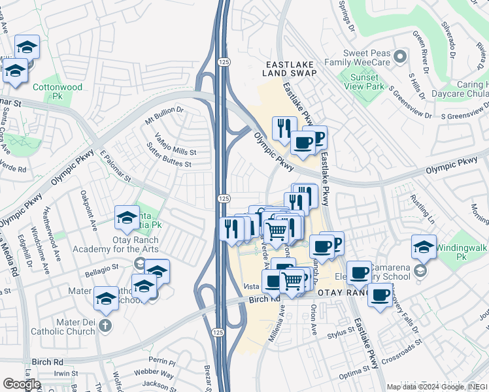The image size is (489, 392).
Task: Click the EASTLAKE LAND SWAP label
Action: coord(291,69)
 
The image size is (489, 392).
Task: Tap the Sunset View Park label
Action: coord(362,80)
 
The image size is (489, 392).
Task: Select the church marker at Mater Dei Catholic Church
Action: coord(106,325)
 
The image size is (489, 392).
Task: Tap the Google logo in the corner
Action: coord(22,384)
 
